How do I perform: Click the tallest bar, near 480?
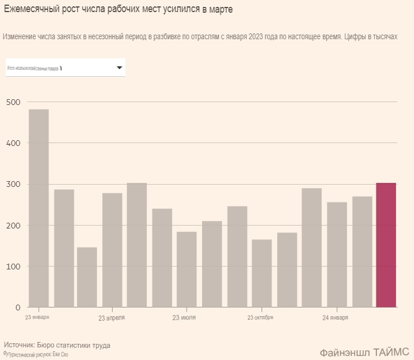39,208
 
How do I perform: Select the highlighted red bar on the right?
386,245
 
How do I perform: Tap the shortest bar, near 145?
87,277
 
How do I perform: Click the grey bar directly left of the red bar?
362,252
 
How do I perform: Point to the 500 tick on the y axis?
13,102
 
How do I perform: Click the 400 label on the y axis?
13,143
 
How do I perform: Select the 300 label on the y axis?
13,184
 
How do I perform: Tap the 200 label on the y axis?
13,225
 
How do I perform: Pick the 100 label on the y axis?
13,266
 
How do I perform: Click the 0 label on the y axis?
18,307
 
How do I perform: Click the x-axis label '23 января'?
37,317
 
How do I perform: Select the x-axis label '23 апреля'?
111,318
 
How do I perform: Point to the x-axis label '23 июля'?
184,318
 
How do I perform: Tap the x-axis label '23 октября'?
260,318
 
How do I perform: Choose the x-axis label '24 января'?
335,318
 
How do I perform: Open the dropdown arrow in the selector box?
120,67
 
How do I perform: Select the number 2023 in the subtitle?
257,36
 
